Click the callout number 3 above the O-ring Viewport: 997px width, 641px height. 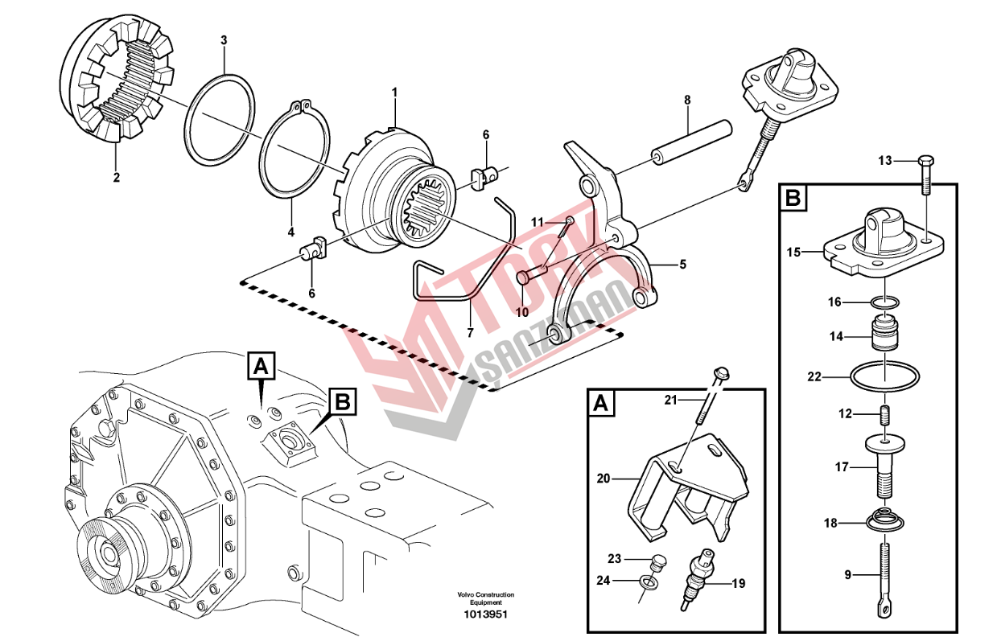tap(224, 40)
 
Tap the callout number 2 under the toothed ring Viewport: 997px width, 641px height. tap(117, 178)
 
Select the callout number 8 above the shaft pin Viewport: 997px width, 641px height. tap(688, 100)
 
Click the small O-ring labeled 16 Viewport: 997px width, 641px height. tap(885, 303)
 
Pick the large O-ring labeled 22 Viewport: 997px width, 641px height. tap(885, 378)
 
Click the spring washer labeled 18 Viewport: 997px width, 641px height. tap(885, 521)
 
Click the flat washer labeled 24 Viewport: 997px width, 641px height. tap(648, 582)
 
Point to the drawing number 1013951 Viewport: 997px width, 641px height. tap(485, 614)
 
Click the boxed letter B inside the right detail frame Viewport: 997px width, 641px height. tap(793, 198)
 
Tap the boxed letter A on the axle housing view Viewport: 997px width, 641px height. tap(261, 366)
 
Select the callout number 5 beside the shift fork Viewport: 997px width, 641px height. tap(682, 265)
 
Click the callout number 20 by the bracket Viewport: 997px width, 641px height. tap(604, 479)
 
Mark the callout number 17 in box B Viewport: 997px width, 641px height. tap(842, 467)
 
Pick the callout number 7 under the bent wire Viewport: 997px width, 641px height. tap(471, 332)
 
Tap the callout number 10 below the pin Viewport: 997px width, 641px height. tap(522, 313)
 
